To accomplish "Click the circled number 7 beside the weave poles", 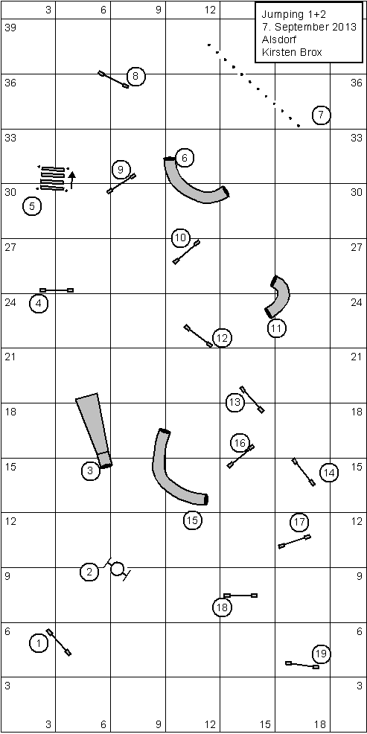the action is click(321, 115).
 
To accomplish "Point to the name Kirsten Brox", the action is click(292, 52).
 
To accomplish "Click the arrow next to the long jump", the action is click(71, 179).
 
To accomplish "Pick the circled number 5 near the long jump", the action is click(32, 206).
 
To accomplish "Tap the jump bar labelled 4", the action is click(56, 290).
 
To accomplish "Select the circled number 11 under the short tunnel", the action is click(276, 328).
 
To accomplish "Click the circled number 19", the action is click(321, 654).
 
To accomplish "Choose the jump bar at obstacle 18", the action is click(240, 596).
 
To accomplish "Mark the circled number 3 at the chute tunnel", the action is click(90, 470).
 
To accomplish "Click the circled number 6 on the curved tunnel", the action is click(185, 159).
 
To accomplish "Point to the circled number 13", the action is click(235, 402).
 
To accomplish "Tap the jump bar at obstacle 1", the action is click(59, 642).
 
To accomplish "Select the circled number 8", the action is click(135, 76).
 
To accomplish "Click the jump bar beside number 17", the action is click(295, 542).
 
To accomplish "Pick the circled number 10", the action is click(180, 238).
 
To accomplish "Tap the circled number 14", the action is click(329, 473).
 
